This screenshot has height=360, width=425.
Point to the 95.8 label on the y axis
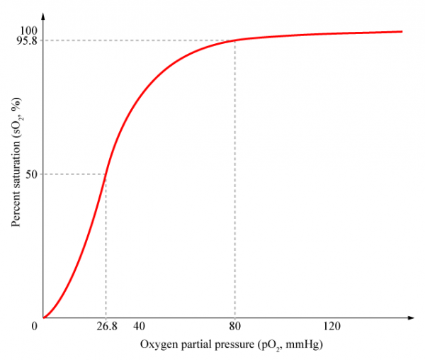(25, 41)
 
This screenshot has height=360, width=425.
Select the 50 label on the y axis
(30, 174)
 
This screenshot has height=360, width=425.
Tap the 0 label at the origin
(33, 327)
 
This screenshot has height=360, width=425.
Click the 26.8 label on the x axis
(106, 327)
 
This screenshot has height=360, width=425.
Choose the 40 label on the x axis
(139, 327)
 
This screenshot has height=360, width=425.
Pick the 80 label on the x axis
(234, 327)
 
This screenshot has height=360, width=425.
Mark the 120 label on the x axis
(332, 327)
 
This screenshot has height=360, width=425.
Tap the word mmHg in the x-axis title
(305, 344)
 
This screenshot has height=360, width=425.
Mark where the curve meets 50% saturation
(106, 174)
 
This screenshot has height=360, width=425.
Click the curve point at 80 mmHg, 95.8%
(234, 40)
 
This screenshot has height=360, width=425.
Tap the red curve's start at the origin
(44, 317)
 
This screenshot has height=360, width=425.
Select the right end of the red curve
(402, 31)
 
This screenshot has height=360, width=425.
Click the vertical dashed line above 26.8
(106, 248)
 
